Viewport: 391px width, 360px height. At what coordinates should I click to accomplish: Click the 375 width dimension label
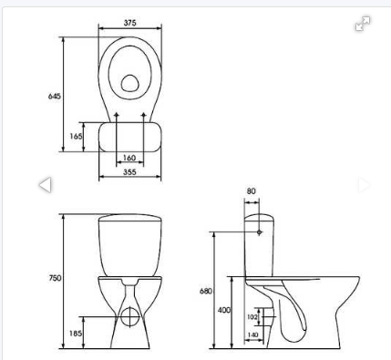pyautogui.click(x=129, y=23)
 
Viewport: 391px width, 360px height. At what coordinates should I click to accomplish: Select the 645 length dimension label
pyautogui.click(x=55, y=97)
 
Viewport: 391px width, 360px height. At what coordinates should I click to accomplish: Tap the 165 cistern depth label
pyautogui.click(x=76, y=136)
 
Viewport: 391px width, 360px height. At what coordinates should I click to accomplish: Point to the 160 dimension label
pyautogui.click(x=129, y=158)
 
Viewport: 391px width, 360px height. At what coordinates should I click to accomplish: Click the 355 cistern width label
pyautogui.click(x=129, y=172)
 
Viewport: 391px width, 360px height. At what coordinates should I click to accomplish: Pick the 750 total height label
pyautogui.click(x=55, y=278)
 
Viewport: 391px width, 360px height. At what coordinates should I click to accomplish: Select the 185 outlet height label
pyautogui.click(x=76, y=334)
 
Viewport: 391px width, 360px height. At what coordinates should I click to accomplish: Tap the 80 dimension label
pyautogui.click(x=252, y=191)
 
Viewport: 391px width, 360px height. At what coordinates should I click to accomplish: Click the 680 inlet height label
pyautogui.click(x=206, y=291)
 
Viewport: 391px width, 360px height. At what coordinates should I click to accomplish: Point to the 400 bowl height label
pyautogui.click(x=224, y=310)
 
